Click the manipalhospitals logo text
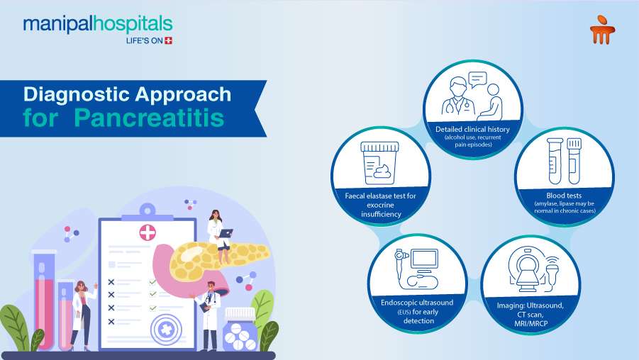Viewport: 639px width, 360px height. coord(97,24)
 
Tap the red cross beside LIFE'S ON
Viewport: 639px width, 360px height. coord(168,41)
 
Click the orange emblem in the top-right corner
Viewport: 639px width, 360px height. coord(601,30)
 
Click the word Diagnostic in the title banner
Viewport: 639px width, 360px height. coord(77,94)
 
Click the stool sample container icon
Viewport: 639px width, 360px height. coord(380,163)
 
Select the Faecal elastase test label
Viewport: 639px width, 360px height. coord(381,203)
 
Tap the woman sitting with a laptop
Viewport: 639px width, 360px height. coord(218,227)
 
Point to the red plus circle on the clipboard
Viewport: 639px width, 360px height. coord(148,233)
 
